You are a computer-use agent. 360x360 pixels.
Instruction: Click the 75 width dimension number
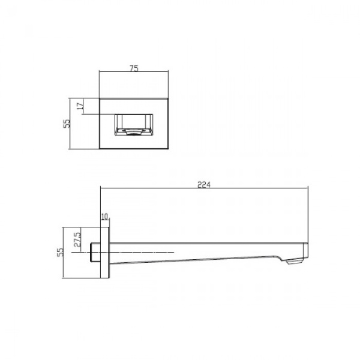tap(134, 68)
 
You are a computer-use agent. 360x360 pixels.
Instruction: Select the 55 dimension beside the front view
tap(67, 124)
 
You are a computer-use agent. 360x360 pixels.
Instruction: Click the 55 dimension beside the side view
tap(59, 252)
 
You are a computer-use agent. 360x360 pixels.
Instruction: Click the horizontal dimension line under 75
tap(114, 73)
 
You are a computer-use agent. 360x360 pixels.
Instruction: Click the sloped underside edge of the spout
tap(198, 259)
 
